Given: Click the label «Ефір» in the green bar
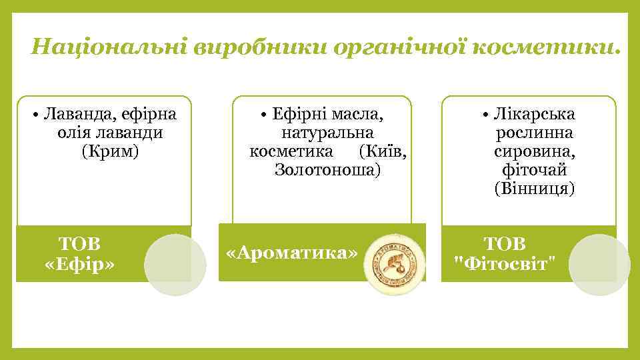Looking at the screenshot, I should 79,264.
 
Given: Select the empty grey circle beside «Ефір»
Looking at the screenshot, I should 175,265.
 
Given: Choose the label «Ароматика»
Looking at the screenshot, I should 292,253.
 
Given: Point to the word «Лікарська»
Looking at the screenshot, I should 535,113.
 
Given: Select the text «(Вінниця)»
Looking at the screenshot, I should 535,189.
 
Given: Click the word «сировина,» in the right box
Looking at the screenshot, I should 535,151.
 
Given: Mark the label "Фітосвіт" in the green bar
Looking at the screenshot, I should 504,264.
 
